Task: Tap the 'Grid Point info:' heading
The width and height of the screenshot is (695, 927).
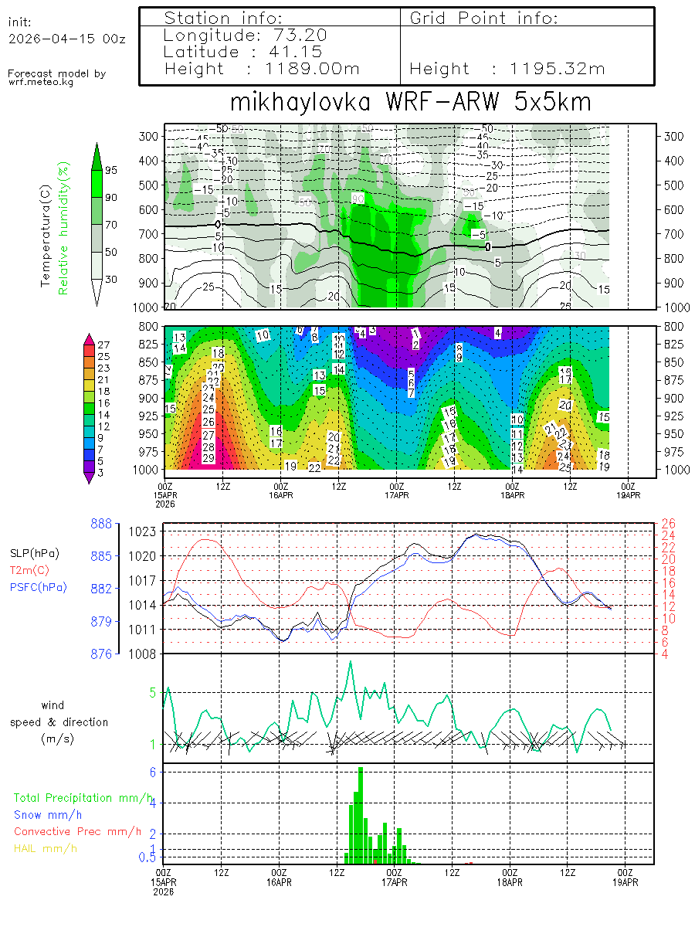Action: tap(483, 18)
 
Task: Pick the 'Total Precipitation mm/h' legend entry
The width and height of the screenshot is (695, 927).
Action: tap(83, 797)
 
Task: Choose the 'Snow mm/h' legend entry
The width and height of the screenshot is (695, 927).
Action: tap(48, 814)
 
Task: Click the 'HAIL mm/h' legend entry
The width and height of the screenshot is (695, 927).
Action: tap(46, 848)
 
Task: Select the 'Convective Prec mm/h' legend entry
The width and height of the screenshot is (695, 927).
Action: tap(77, 831)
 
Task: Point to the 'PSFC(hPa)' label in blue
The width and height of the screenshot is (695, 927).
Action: tap(39, 587)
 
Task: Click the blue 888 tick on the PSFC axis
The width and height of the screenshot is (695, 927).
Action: tap(101, 524)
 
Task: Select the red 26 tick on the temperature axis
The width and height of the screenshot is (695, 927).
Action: tap(669, 523)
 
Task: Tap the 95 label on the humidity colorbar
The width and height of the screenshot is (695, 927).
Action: tap(110, 170)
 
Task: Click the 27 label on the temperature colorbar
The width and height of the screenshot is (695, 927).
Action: tap(104, 345)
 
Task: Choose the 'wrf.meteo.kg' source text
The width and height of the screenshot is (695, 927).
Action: tap(41, 82)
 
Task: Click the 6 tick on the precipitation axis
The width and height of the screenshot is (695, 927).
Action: tap(153, 772)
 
